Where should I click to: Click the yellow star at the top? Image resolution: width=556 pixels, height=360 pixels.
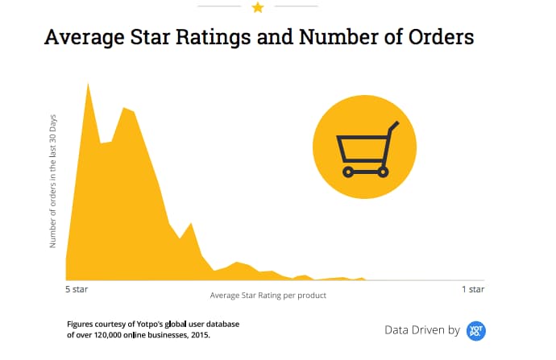[258, 7]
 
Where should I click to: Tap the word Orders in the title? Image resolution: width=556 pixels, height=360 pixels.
[436, 38]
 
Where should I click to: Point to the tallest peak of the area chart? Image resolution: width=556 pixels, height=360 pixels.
[87, 84]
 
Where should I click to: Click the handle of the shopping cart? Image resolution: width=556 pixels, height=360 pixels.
[393, 126]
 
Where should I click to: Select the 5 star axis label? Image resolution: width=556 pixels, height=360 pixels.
[78, 288]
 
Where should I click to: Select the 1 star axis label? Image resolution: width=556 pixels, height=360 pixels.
[473, 288]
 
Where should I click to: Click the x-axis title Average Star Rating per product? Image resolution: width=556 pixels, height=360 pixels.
[268, 296]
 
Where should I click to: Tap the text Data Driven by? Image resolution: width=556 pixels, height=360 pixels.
[421, 330]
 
